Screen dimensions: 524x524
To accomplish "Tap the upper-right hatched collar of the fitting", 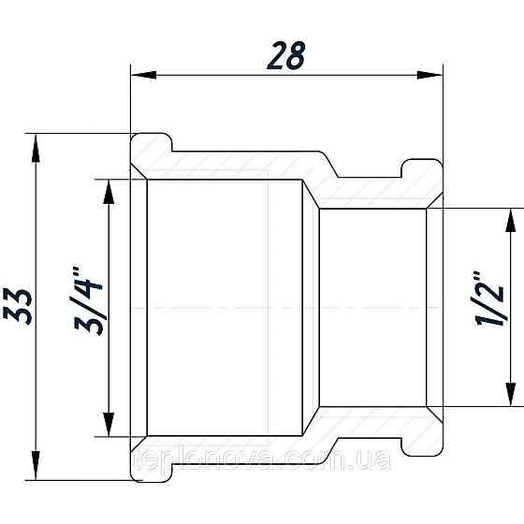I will click(x=418, y=177).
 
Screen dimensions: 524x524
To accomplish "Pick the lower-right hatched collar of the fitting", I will click(x=418, y=439).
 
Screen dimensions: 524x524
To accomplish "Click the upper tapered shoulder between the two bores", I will click(x=312, y=192).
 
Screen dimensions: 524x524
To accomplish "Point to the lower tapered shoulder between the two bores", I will click(x=312, y=423).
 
